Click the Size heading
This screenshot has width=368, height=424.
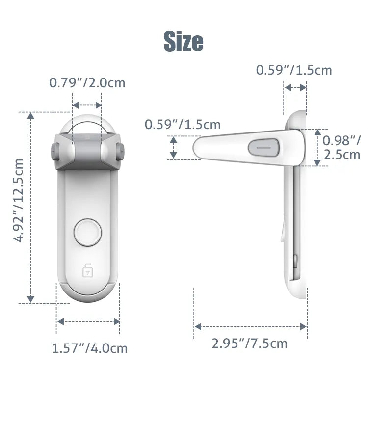point(184,41)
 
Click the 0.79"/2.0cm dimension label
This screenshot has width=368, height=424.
point(87,83)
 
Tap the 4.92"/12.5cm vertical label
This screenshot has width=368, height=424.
point(19,200)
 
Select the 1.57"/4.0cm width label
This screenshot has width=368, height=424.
point(89,348)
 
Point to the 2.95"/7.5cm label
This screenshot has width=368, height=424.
point(249,343)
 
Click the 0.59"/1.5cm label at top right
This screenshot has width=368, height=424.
point(294,70)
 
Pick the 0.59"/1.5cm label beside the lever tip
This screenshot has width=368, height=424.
point(182,125)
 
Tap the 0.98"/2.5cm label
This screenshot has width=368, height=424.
point(342,148)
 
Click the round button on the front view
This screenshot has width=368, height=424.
point(87,233)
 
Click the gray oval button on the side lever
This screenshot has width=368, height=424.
point(264,147)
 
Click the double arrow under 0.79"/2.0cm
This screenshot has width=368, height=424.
point(87,105)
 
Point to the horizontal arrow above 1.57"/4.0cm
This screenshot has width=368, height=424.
point(88,322)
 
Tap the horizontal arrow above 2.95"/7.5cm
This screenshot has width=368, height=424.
point(250,326)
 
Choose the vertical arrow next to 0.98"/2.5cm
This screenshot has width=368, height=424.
point(317,147)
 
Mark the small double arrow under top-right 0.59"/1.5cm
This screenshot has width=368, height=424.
point(295,87)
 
